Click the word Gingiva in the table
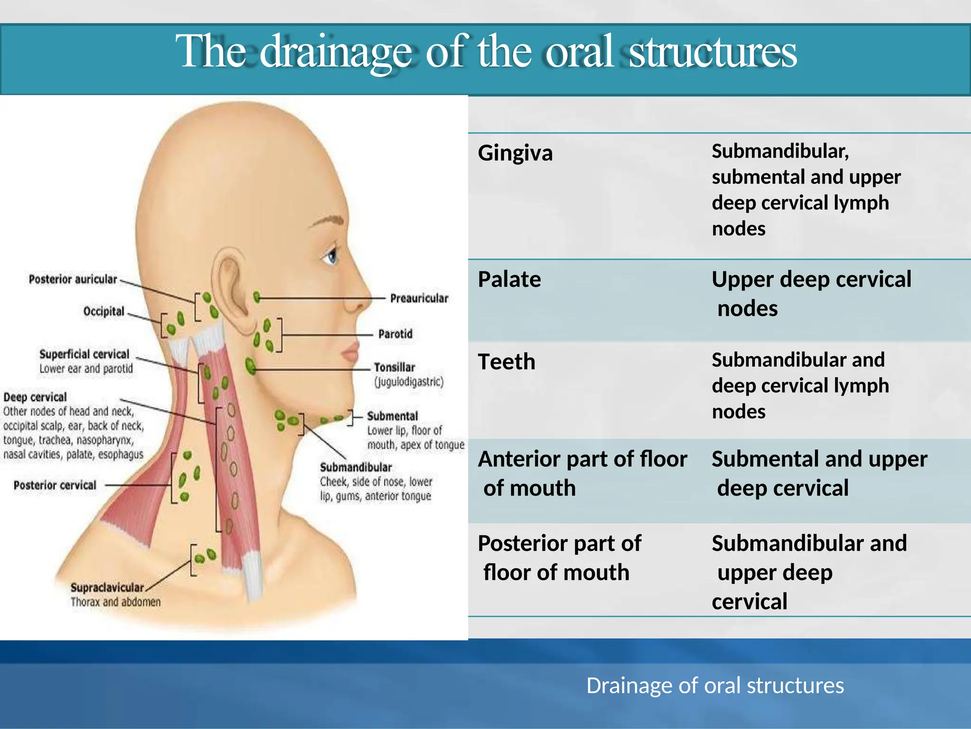[x=515, y=153]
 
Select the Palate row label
[x=509, y=279]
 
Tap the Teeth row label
[x=506, y=362]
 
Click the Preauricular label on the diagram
[x=419, y=299]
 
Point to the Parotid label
[x=395, y=334]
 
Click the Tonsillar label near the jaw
[x=394, y=367]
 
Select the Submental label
[x=393, y=416]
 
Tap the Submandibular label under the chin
[x=356, y=467]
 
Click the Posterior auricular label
[x=73, y=279]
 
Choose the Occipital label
[x=103, y=311]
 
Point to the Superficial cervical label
[x=84, y=355]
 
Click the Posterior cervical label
[x=55, y=485]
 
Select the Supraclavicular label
[x=107, y=588]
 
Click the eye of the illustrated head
[x=331, y=257]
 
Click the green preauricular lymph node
[x=256, y=298]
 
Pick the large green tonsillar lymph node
[x=250, y=366]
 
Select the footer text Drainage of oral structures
[x=715, y=685]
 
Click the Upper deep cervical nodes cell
[x=811, y=293]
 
